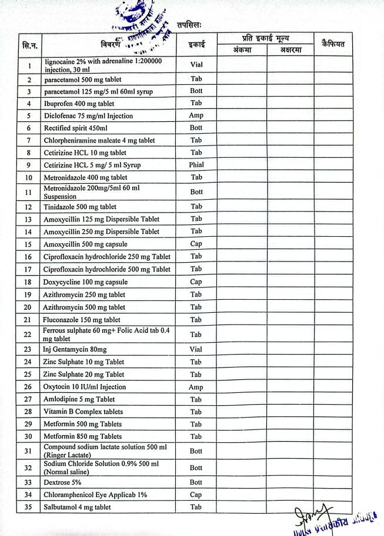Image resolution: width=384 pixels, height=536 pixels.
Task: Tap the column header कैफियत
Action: (333, 44)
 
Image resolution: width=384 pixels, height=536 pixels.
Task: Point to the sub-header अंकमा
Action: (241, 50)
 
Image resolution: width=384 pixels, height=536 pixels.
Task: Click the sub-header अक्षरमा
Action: (290, 50)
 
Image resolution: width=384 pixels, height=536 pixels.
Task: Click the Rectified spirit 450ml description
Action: (75, 128)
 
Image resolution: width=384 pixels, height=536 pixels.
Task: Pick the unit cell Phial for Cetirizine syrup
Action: (196, 165)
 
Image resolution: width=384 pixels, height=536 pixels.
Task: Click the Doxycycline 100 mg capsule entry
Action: (85, 282)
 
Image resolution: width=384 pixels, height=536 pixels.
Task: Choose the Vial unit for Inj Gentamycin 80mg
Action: (196, 349)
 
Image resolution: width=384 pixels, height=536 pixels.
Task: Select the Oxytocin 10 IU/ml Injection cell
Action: (85, 387)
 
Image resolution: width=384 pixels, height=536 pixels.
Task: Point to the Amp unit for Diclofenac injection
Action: (196, 116)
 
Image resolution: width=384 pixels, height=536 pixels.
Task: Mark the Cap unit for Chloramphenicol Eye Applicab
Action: (196, 495)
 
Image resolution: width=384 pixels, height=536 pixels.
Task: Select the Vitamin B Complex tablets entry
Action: (83, 412)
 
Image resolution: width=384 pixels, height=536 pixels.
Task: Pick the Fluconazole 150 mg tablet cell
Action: (82, 320)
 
